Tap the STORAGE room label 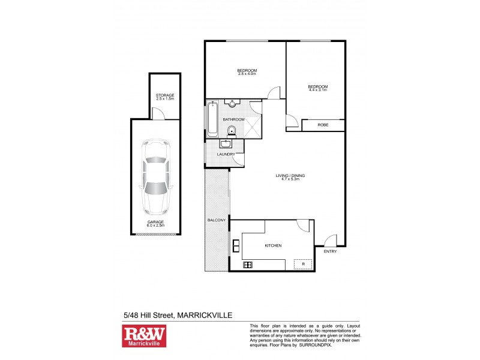coord(164,95)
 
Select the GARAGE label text coord(155,221)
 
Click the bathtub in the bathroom coord(213,118)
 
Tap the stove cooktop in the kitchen coord(248,265)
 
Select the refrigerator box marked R coord(303,263)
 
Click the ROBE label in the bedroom coord(323,125)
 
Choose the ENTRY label coord(330,251)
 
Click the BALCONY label coord(217,220)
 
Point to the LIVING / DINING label coord(290,175)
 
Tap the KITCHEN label coord(273,246)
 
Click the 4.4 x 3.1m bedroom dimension coord(317,91)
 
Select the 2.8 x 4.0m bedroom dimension coord(247,74)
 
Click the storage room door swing coord(157,113)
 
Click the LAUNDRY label coord(234,154)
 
